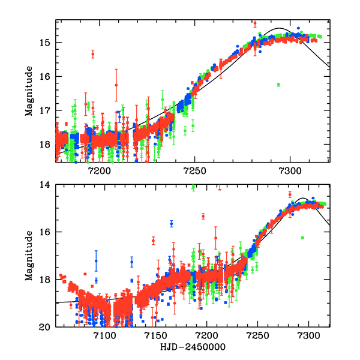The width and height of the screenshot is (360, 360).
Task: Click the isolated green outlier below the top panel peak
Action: tap(278, 85)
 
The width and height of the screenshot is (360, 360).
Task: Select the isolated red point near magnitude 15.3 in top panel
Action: tap(93, 54)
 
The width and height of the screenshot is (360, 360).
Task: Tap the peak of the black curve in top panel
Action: tap(280, 28)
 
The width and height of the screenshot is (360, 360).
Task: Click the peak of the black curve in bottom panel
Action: tap(304, 199)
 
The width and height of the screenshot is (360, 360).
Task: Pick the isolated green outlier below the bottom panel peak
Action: tap(302, 238)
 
